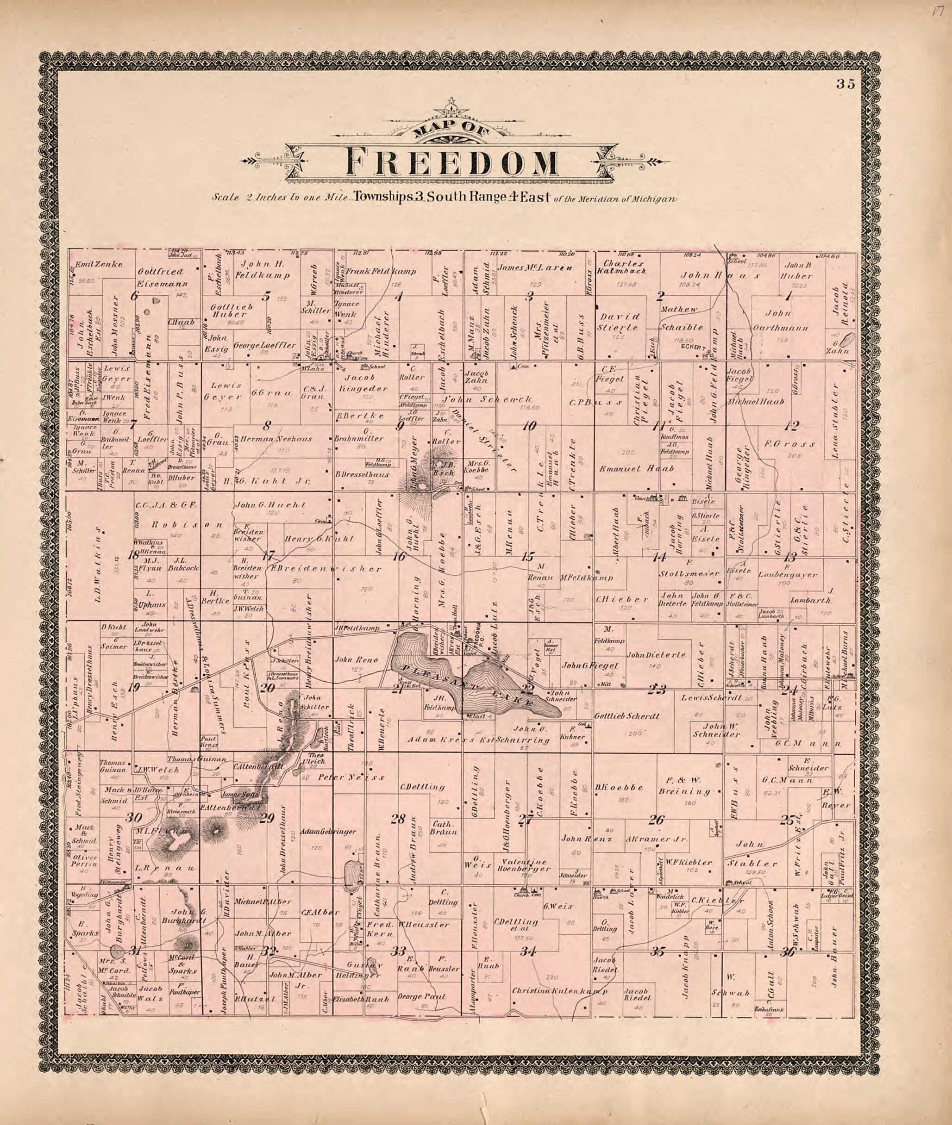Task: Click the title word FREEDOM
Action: point(452,162)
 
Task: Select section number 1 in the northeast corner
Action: point(789,296)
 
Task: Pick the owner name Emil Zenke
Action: point(99,264)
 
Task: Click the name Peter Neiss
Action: point(351,777)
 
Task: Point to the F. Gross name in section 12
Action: point(789,444)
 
